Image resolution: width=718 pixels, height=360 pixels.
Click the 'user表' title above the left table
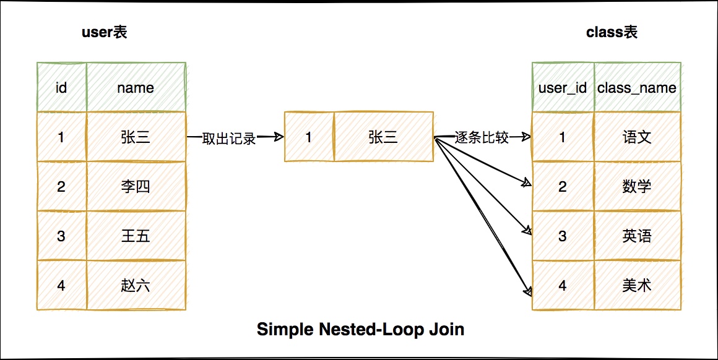pyautogui.click(x=105, y=32)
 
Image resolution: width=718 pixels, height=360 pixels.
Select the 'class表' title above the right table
pyautogui.click(x=612, y=32)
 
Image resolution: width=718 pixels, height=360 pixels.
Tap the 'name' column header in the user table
pyautogui.click(x=136, y=87)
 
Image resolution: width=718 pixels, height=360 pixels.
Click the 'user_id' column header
pyautogui.click(x=563, y=87)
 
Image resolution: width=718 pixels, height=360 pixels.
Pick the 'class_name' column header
pyautogui.click(x=637, y=87)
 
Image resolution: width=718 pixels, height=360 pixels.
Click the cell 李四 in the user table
pyautogui.click(x=136, y=186)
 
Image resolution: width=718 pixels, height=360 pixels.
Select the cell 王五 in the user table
pyautogui.click(x=136, y=236)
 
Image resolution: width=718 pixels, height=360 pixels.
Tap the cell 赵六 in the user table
pyautogui.click(x=136, y=285)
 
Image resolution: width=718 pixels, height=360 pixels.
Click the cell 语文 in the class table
pyautogui.click(x=637, y=137)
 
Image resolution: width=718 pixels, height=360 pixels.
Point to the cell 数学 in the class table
pyautogui.click(x=637, y=186)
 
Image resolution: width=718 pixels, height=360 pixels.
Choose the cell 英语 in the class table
pyautogui.click(x=637, y=236)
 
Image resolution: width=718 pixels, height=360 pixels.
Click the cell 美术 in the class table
pyautogui.click(x=637, y=285)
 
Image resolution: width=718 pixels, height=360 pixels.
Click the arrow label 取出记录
pyautogui.click(x=229, y=138)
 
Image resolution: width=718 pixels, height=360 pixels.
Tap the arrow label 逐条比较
pyautogui.click(x=482, y=137)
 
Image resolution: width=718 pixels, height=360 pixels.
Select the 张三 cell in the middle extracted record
pyautogui.click(x=383, y=137)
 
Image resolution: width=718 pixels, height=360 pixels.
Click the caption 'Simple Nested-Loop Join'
pyautogui.click(x=360, y=329)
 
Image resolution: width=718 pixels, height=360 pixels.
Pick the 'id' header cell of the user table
pyautogui.click(x=61, y=87)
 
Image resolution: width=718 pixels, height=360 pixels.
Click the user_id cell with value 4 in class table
pyautogui.click(x=563, y=285)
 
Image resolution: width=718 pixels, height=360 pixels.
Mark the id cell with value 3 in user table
pyautogui.click(x=61, y=236)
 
